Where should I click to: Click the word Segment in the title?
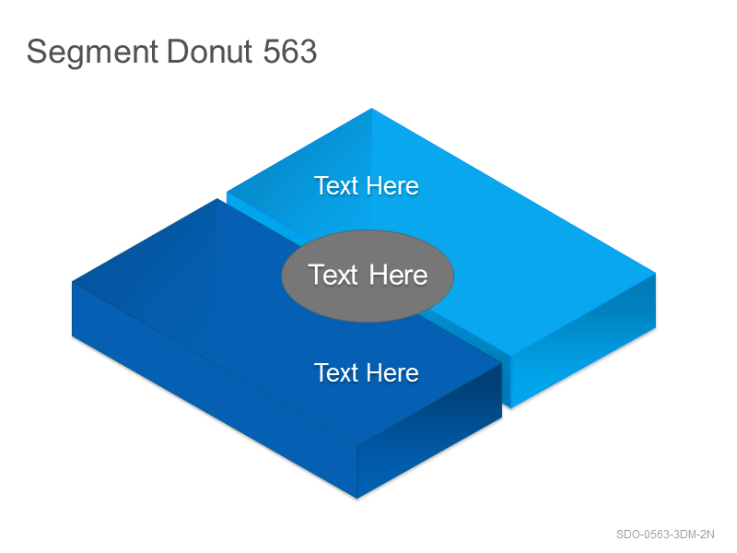point(92,53)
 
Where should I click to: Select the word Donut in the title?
point(210,52)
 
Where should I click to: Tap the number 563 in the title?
point(290,52)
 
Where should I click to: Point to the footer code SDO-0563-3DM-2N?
point(665,535)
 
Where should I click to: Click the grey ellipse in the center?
point(368,276)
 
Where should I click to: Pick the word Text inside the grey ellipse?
point(333,275)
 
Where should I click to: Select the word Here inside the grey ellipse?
point(398,275)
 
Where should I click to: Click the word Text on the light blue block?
point(336,186)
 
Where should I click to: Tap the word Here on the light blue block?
point(392,186)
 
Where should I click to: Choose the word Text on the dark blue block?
point(336,373)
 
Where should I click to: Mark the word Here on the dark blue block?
point(392,373)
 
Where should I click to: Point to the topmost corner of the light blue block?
point(371,109)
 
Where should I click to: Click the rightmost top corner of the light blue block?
point(655,273)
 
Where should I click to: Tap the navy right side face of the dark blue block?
point(429,430)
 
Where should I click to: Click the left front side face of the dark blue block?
point(215,389)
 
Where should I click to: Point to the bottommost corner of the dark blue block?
point(357,498)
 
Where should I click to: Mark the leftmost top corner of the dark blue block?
point(72,282)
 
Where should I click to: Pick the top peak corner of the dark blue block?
point(216,199)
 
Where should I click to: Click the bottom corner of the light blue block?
point(511,407)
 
